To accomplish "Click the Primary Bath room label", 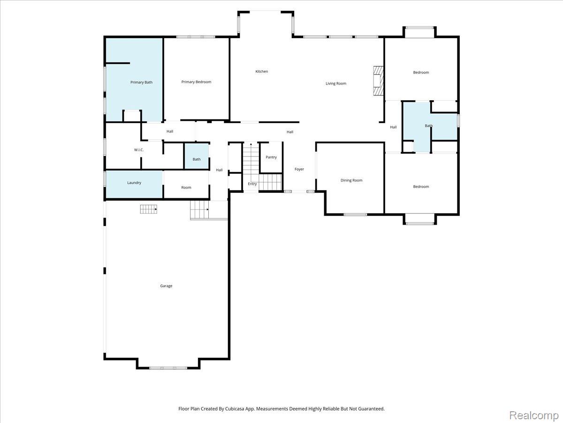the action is (x=141, y=82).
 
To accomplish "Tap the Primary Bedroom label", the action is (x=196, y=82).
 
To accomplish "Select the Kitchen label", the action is (x=262, y=71).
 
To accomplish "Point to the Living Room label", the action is (x=336, y=84).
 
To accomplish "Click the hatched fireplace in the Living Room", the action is (x=378, y=81).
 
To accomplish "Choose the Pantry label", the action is (x=271, y=157).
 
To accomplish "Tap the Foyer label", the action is (x=299, y=169).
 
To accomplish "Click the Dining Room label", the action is (x=351, y=180).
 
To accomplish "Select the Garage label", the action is (x=166, y=286).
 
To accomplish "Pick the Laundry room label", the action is (x=134, y=183).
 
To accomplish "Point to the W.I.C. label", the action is (x=139, y=150).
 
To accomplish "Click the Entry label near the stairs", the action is (x=252, y=184).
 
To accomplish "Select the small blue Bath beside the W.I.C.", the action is (x=197, y=157).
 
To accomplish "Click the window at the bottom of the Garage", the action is (x=168, y=368).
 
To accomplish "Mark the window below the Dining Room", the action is (x=355, y=214).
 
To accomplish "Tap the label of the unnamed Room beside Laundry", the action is (x=186, y=188).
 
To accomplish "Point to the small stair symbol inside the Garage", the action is (x=149, y=209).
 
